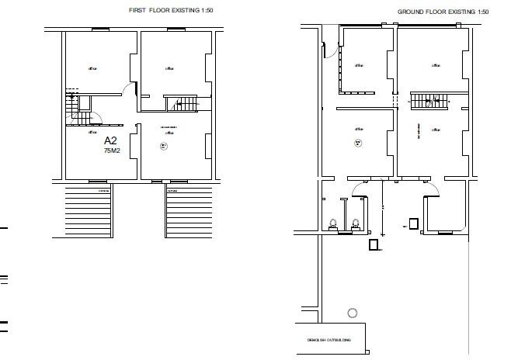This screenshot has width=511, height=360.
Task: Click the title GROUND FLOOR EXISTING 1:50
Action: click(x=443, y=12)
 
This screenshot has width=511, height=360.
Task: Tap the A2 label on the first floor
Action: click(x=110, y=141)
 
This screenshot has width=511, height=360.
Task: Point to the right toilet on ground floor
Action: click(x=356, y=223)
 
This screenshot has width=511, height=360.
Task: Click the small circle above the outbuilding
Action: click(x=353, y=313)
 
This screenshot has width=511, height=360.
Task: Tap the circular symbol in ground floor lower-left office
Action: click(x=358, y=143)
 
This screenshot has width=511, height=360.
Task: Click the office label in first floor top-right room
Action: click(x=169, y=68)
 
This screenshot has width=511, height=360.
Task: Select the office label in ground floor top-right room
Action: click(x=436, y=65)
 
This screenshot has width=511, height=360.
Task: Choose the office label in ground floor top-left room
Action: click(x=359, y=65)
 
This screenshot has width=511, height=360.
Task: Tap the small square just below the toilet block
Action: click(x=374, y=245)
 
